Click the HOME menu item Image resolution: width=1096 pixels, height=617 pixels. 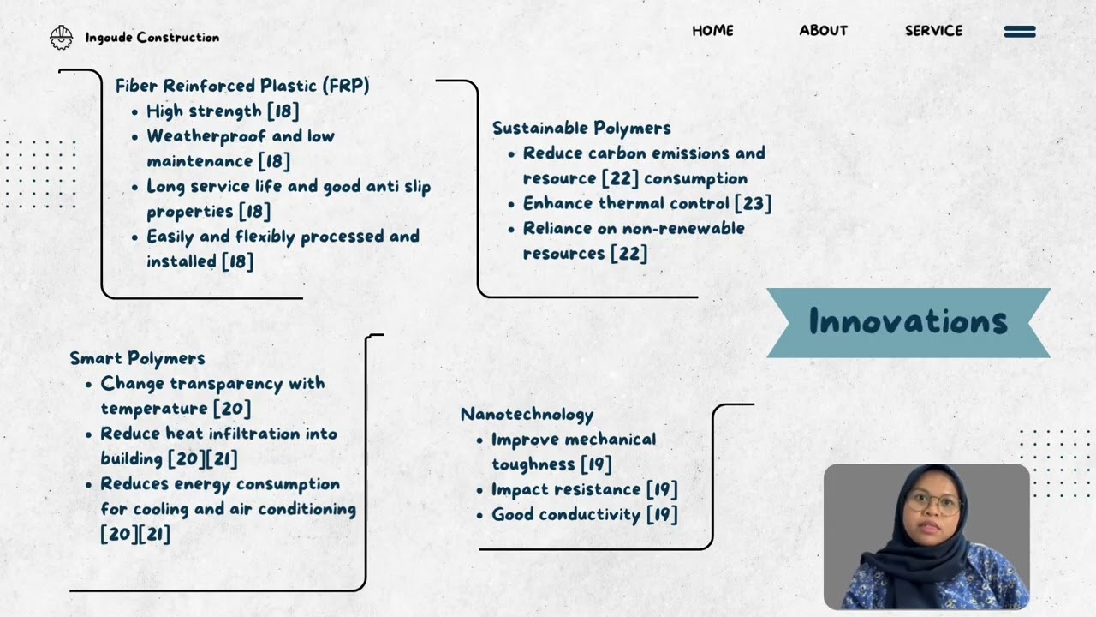712,31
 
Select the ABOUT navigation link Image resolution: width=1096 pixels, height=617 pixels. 823,31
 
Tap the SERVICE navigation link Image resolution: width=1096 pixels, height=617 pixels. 933,31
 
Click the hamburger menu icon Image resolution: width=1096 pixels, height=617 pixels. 1020,32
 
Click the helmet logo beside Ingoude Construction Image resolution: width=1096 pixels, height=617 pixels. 62,37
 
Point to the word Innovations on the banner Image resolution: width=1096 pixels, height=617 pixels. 908,322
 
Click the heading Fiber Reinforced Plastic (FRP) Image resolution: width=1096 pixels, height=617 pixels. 242,86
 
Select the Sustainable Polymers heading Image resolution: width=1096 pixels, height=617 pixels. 581,128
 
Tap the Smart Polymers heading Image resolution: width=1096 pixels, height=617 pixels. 137,358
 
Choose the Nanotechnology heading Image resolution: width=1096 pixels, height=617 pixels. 527,415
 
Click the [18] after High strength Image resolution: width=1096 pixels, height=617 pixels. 283,111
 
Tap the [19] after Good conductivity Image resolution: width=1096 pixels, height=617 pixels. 661,515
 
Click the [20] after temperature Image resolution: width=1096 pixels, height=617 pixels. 231,409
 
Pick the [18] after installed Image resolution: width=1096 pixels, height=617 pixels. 237,261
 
